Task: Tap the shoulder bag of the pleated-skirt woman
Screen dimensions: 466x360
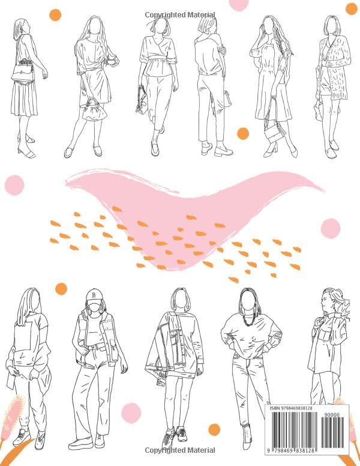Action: (x=22, y=73)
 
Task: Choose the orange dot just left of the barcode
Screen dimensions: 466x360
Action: (x=214, y=429)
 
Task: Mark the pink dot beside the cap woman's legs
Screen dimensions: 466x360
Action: (x=131, y=413)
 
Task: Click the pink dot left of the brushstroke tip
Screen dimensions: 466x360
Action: (x=14, y=185)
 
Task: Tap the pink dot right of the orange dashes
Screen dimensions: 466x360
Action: (x=330, y=228)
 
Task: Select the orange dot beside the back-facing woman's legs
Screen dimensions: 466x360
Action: (x=242, y=133)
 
